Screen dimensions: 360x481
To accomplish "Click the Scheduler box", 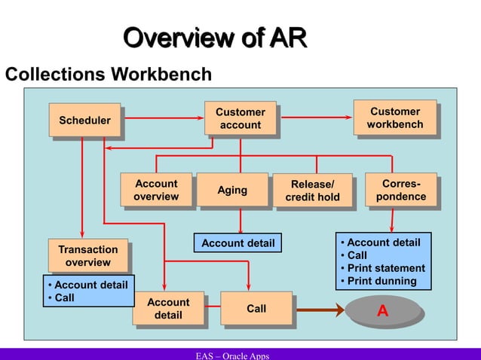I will pyautogui.click(x=84, y=121).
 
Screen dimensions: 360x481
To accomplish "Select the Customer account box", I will pyautogui.click(x=240, y=119).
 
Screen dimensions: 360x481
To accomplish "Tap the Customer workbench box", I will pyautogui.click(x=394, y=118).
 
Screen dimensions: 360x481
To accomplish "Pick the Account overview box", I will pyautogui.click(x=156, y=190).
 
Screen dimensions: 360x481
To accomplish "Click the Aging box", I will pyautogui.click(x=232, y=191).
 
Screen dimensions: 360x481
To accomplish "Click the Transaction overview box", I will pyautogui.click(x=88, y=256).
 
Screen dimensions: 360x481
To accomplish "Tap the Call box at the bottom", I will pyautogui.click(x=256, y=309).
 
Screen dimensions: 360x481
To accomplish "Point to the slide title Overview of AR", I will pyautogui.click(x=215, y=37).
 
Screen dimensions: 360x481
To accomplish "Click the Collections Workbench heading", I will pyautogui.click(x=109, y=74).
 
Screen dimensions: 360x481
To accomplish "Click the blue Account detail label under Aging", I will pyautogui.click(x=238, y=243).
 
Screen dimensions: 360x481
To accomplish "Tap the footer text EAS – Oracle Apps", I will pyautogui.click(x=231, y=355).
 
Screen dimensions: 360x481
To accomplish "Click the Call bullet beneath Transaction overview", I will pyautogui.click(x=64, y=297).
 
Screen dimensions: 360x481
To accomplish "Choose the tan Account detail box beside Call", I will pyautogui.click(x=168, y=309).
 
